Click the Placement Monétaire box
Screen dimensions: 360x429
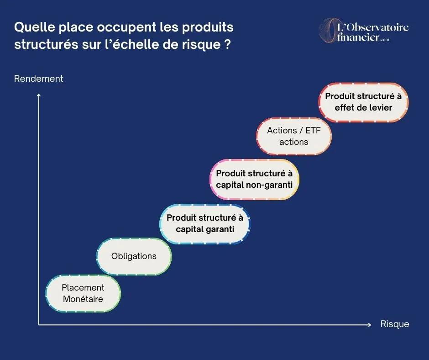[83, 293]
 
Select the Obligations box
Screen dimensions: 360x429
[134, 256]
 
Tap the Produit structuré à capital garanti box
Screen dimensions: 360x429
[205, 223]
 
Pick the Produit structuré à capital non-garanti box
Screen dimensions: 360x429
[254, 179]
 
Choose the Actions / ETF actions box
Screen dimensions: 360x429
[293, 136]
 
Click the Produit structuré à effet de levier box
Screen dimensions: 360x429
[363, 102]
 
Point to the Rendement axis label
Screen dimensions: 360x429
[39, 79]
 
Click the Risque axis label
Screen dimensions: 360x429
[395, 324]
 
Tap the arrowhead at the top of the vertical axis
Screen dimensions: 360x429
[39, 95]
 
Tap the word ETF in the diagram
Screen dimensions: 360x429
[313, 130]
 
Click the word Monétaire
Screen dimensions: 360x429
[83, 299]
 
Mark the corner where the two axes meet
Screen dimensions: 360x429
[39, 325]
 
